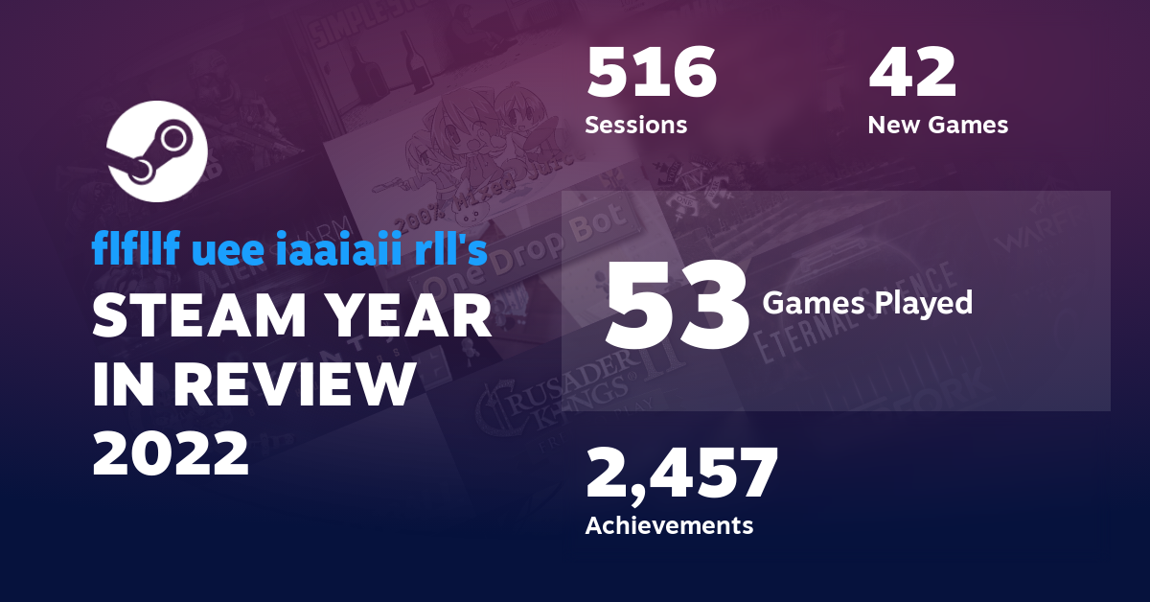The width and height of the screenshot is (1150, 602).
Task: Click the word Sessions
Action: [x=635, y=125]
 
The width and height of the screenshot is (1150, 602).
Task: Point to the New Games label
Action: [x=937, y=125]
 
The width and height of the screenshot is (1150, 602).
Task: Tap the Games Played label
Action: [x=867, y=303]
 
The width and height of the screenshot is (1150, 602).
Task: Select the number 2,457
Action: [x=681, y=475]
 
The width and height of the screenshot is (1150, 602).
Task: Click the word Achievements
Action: [x=669, y=525]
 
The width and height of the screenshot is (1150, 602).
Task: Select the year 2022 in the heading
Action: [x=171, y=451]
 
